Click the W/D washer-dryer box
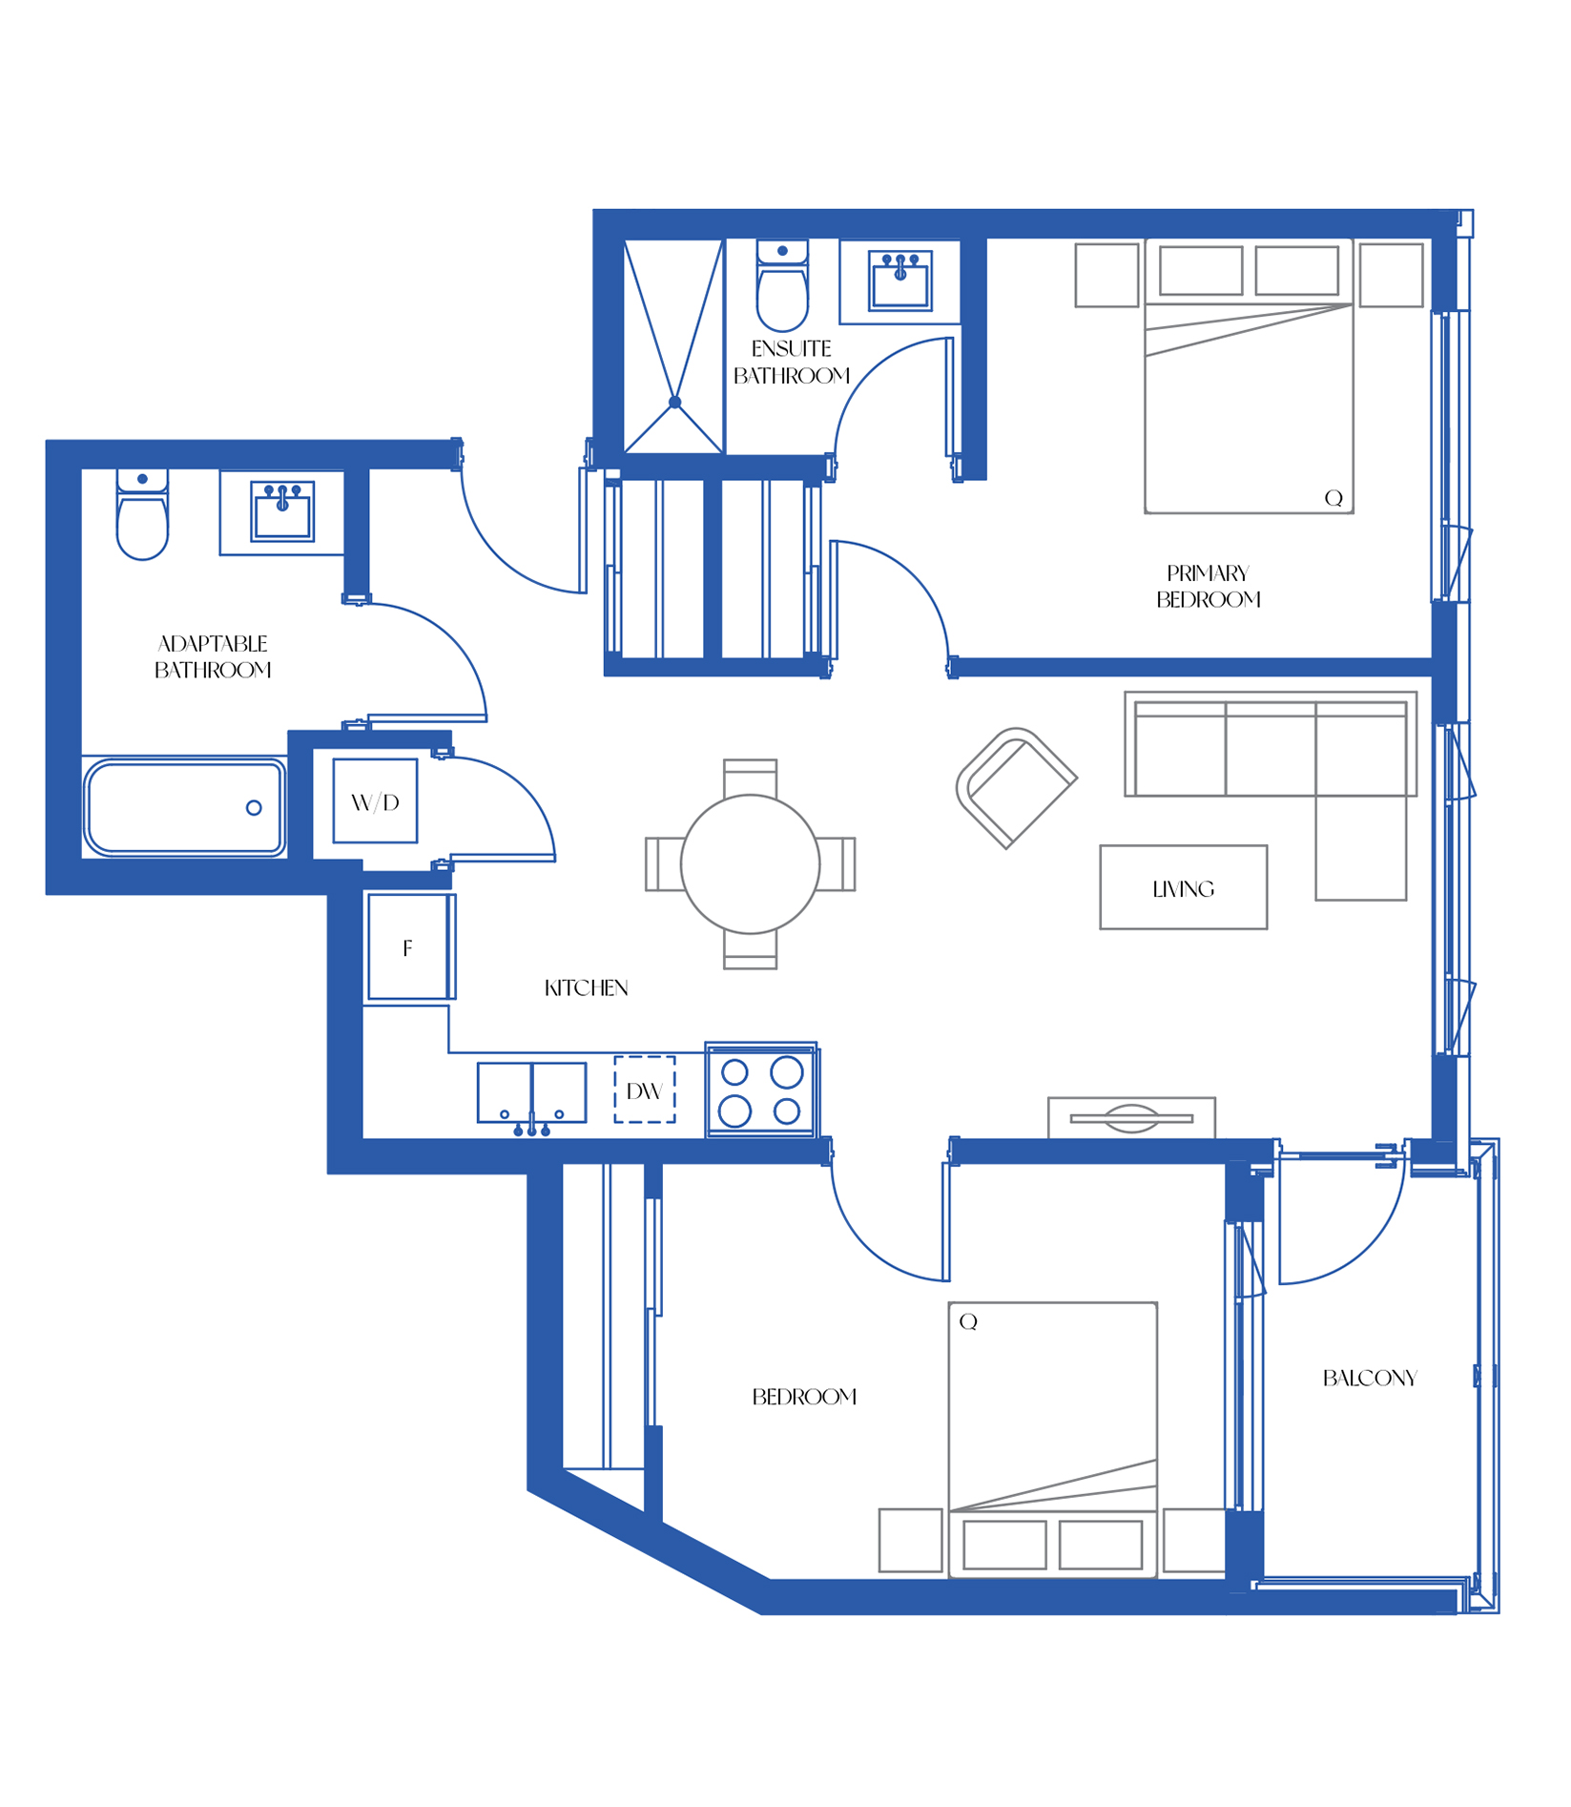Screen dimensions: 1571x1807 [375, 800]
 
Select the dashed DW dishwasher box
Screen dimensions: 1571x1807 [645, 1090]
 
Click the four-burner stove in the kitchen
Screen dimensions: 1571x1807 [760, 1090]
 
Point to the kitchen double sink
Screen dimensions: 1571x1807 [531, 1093]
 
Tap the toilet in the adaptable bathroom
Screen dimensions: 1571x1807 [142, 513]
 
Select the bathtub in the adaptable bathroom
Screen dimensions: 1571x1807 [185, 807]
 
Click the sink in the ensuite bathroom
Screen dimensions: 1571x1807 [899, 280]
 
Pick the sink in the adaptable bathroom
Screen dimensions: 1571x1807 [282, 511]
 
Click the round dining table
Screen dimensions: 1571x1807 [750, 863]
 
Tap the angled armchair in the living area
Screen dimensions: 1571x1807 [1016, 787]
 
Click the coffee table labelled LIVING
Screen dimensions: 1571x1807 [1184, 886]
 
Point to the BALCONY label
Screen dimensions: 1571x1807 [1370, 1378]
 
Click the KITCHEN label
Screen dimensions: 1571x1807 [586, 987]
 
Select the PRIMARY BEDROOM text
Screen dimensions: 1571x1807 [1209, 586]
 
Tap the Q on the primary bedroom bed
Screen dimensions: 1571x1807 [1333, 498]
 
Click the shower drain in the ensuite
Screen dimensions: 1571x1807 [675, 402]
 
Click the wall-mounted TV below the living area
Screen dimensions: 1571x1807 [1131, 1117]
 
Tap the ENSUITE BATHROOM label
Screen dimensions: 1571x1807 [792, 362]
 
